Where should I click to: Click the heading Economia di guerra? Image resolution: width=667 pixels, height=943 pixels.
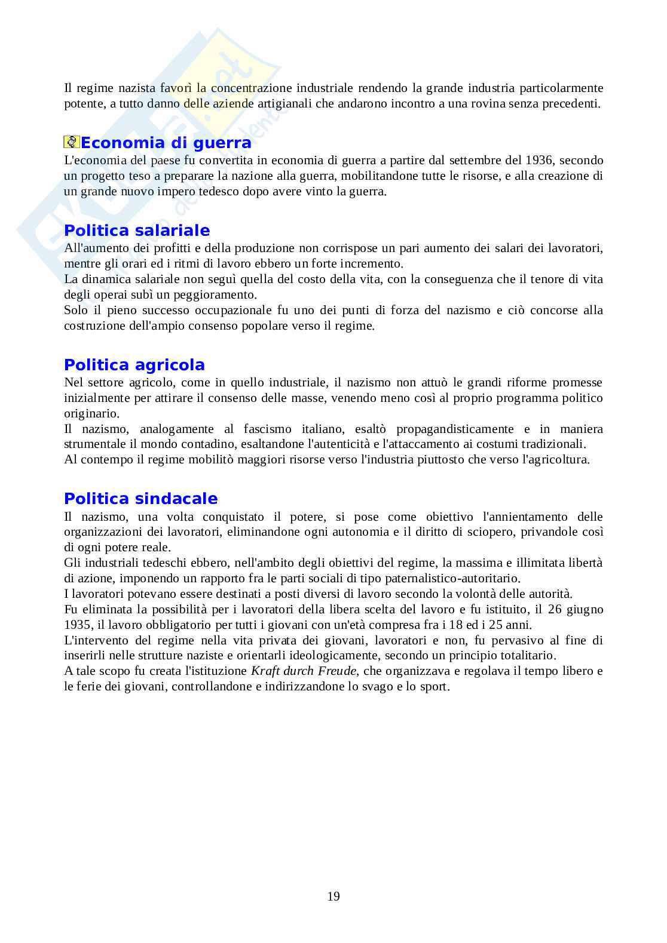[x=166, y=143]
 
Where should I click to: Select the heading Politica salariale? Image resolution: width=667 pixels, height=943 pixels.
[x=137, y=231]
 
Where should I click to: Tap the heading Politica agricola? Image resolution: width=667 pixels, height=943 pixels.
[x=134, y=365]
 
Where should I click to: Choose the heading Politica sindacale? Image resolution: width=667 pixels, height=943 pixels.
[x=140, y=499]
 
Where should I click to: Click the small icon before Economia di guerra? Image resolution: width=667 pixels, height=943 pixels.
[x=72, y=143]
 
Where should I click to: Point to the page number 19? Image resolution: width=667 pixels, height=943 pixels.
[x=333, y=896]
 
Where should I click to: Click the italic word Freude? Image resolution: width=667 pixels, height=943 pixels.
[x=337, y=671]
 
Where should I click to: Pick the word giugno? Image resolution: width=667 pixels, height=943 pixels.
[x=586, y=610]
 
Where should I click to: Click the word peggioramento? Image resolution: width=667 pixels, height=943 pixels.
[x=218, y=295]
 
